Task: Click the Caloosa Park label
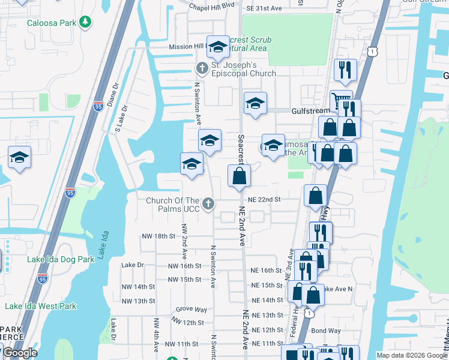[x=51, y=23]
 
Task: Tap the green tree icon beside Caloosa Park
[x=86, y=22]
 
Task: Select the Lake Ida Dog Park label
[x=61, y=259]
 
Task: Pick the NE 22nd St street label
[x=264, y=199]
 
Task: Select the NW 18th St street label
[x=155, y=236]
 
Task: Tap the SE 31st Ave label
[x=264, y=8]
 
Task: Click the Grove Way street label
[x=191, y=310]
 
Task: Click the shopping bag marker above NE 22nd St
[x=239, y=176]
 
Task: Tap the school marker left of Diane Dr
[x=19, y=158]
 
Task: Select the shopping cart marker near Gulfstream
[x=340, y=100]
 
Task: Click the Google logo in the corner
[x=20, y=353]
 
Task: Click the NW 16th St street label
[x=184, y=266]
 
